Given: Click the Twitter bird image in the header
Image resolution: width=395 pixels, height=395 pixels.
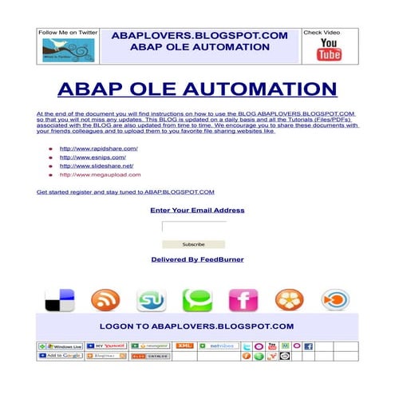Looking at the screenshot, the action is tap(68, 49).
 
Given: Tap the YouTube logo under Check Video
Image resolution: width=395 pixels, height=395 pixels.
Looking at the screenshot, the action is tap(329, 49).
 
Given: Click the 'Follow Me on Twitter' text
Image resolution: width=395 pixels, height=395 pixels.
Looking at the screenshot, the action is tap(68, 33).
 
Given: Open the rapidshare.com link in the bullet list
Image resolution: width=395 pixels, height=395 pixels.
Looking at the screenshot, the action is tap(99, 148).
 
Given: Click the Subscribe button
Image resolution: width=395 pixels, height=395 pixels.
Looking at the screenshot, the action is tap(193, 244).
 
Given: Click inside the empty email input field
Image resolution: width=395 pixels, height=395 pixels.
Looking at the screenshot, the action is tap(193, 227).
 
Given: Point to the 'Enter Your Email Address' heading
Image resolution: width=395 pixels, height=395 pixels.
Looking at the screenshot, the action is tap(197, 210).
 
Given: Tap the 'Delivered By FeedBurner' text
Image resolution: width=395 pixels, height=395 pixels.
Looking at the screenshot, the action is tap(197, 259).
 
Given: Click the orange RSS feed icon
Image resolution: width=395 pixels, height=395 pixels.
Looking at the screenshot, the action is tap(105, 300).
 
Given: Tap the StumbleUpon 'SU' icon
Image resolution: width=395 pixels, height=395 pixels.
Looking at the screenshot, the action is tap(150, 300).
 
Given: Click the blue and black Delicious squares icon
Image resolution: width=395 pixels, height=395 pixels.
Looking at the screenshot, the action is tap(59, 300).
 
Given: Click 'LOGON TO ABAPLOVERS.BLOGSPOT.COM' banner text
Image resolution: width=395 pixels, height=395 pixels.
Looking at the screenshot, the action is tap(196, 326).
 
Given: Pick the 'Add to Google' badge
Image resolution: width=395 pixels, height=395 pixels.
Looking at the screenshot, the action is tap(60, 356).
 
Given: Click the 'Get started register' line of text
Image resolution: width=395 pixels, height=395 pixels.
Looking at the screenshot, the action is tap(125, 192).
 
